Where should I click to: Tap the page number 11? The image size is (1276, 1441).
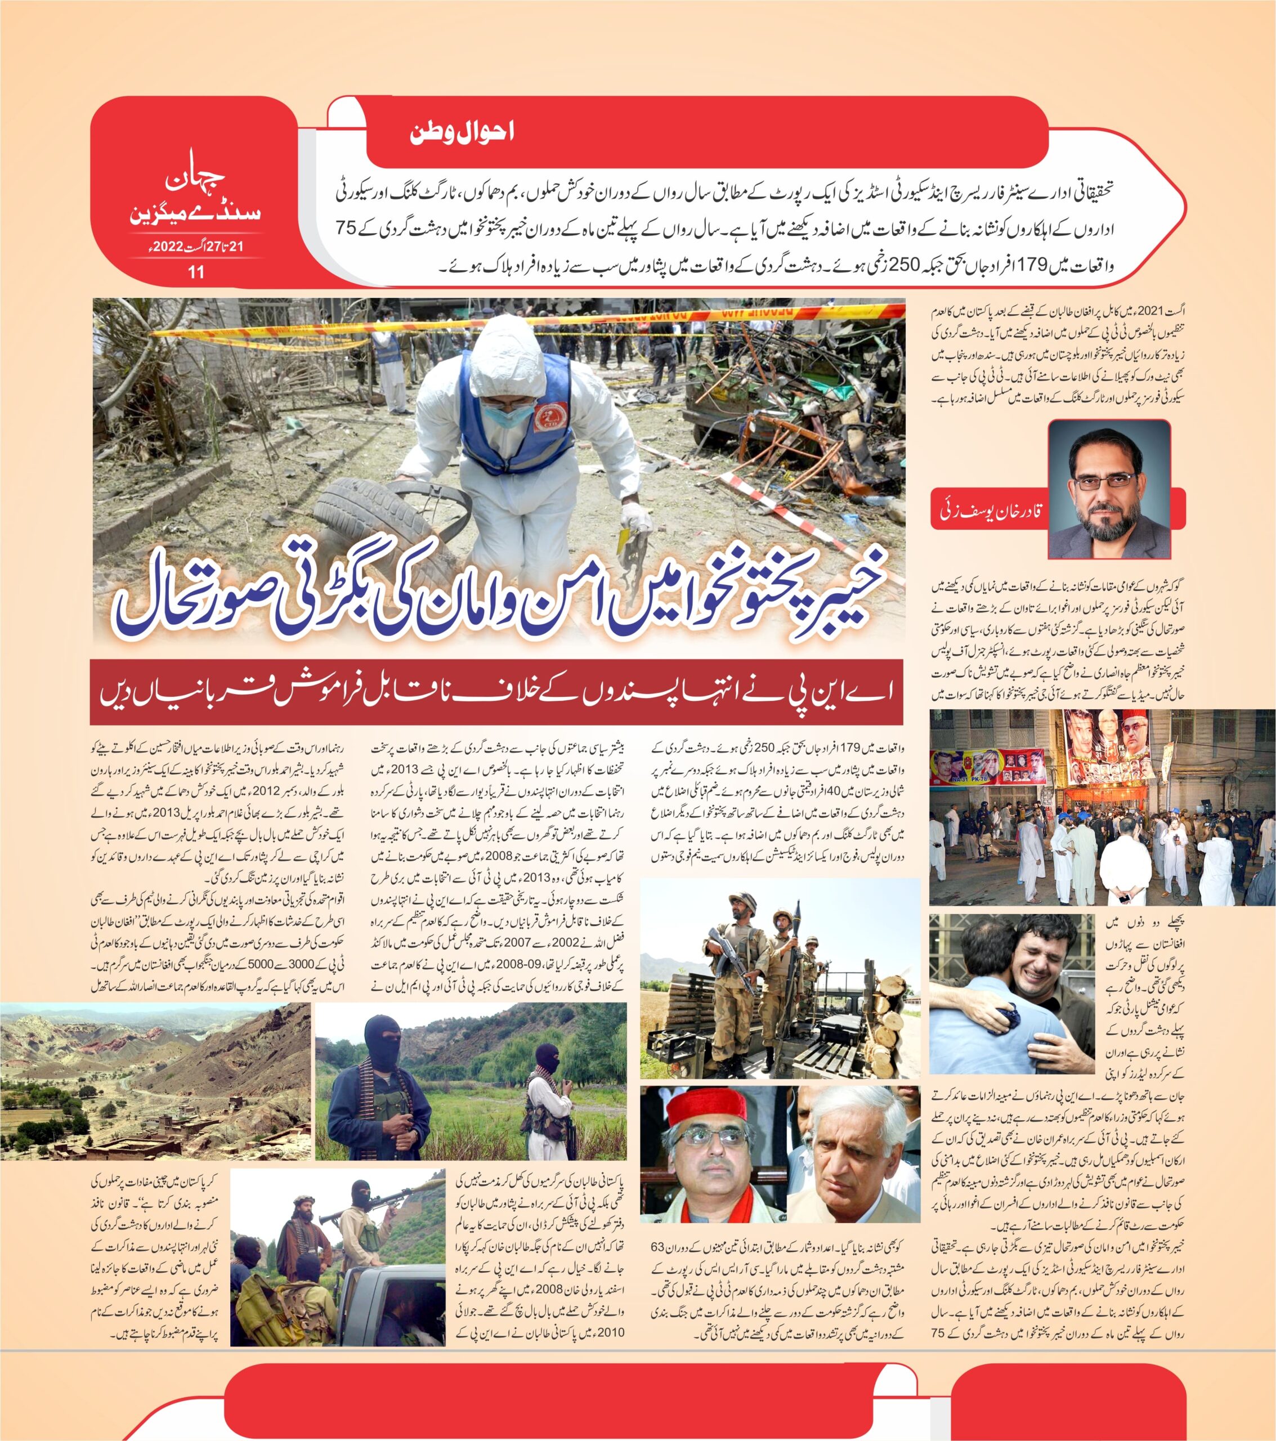pos(195,271)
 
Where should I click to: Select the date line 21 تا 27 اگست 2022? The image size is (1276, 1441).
pos(195,247)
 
